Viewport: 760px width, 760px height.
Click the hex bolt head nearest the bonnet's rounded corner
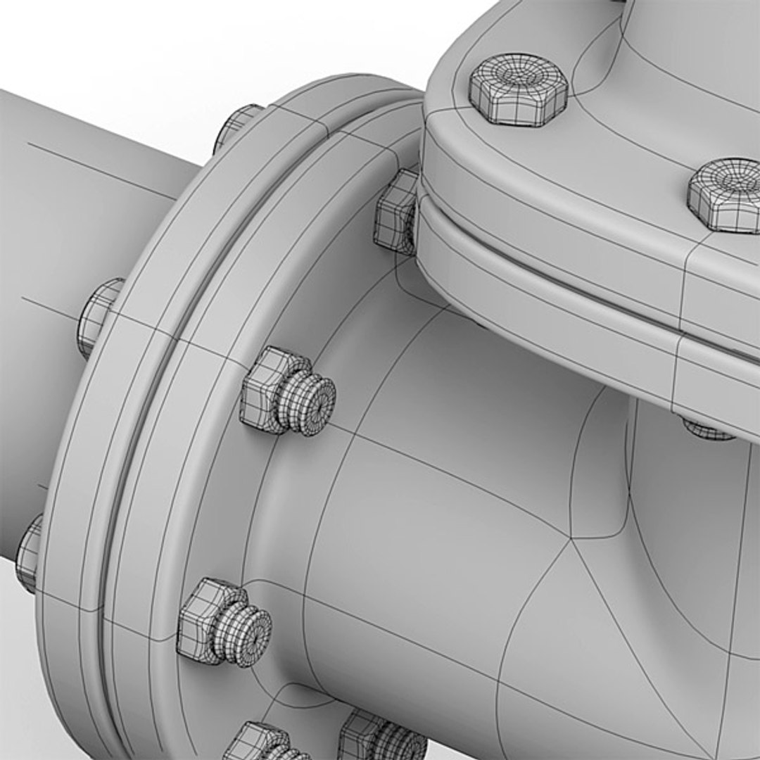coord(518,90)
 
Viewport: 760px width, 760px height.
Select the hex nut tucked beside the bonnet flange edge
coord(396,212)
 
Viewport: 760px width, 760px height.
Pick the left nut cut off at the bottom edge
coord(257,742)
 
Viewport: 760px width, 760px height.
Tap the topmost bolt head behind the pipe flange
coord(237,127)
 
